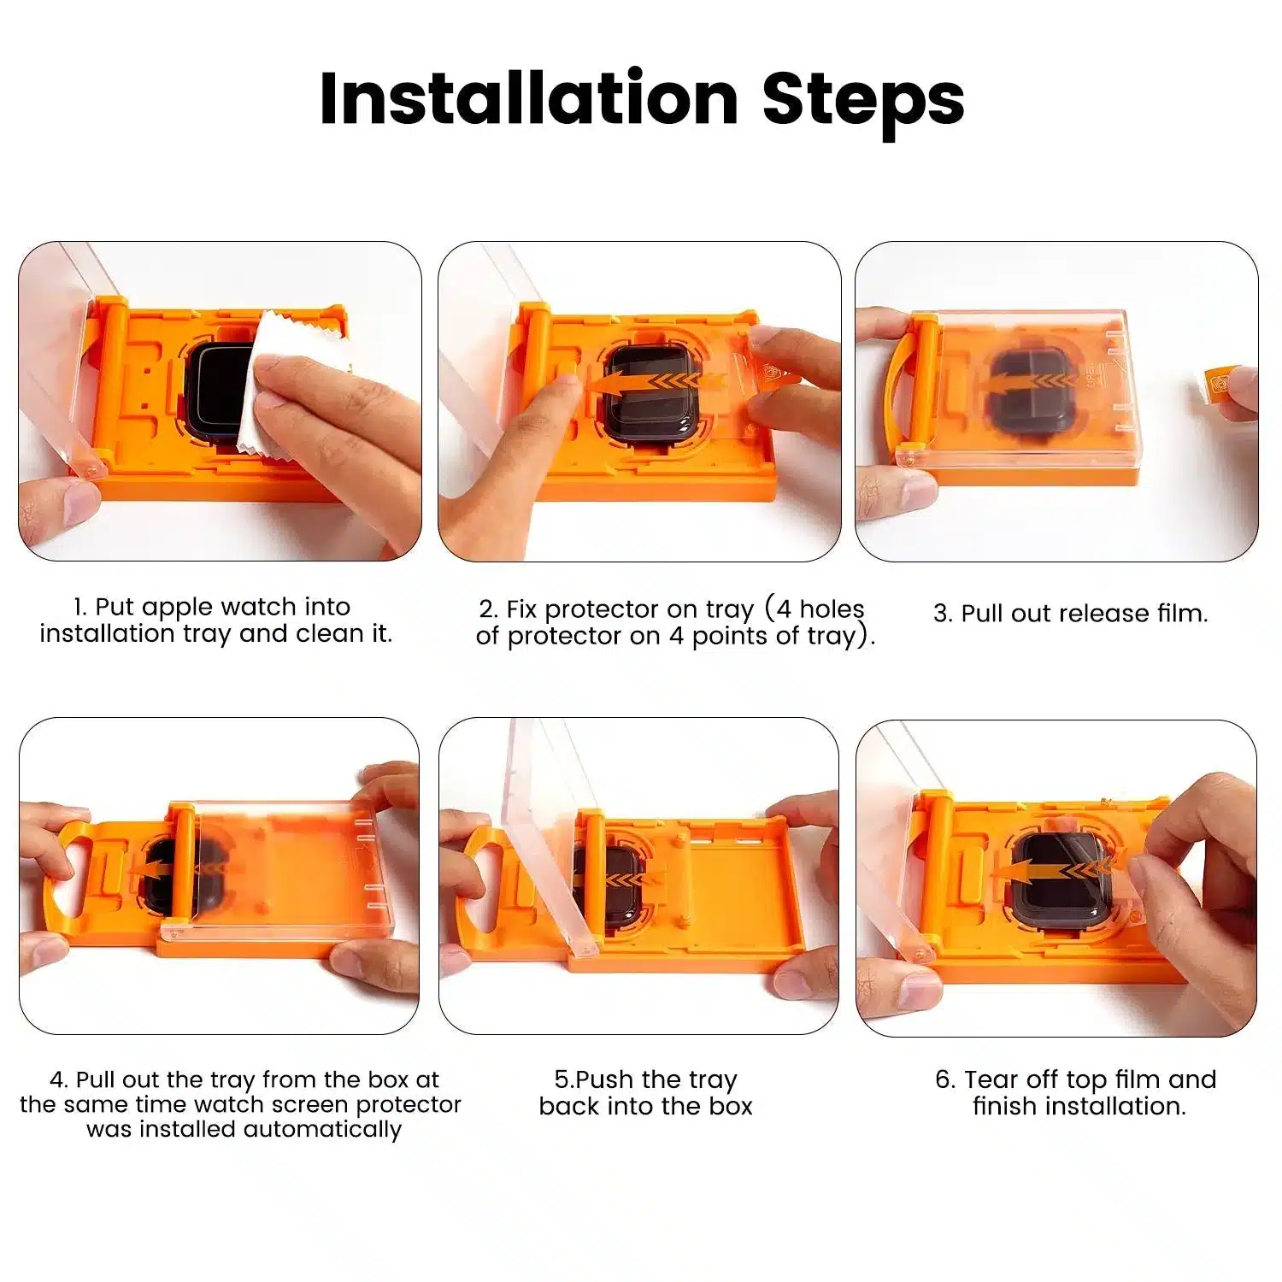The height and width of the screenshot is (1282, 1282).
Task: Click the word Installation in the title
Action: tap(527, 99)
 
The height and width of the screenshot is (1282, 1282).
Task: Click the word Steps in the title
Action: tap(862, 101)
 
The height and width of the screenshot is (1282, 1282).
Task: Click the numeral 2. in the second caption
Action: tap(488, 610)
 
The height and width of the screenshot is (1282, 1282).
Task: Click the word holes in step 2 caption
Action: tap(832, 609)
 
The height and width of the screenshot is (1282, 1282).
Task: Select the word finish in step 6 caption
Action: tap(1005, 1107)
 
